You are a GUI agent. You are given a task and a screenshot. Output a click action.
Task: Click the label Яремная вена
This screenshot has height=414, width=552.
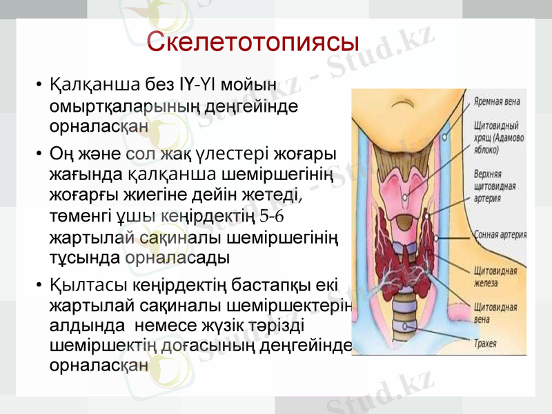[497, 101]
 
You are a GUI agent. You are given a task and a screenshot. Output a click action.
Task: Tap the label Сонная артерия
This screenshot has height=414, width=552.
[500, 235]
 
